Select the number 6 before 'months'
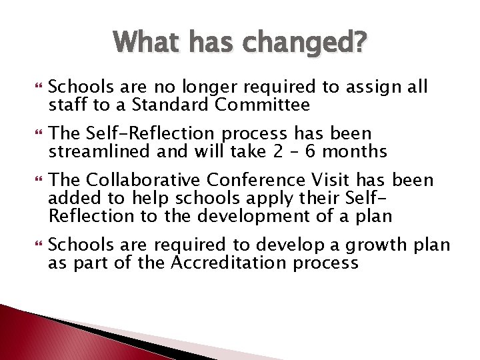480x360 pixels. (x=329, y=151)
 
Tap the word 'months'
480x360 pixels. (x=364, y=151)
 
